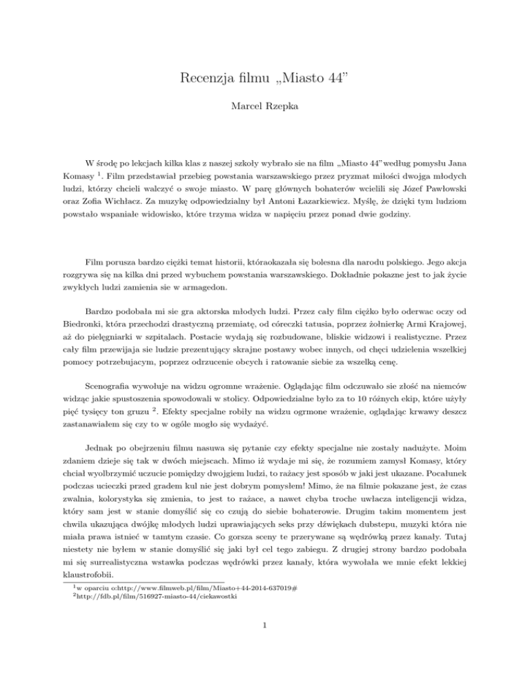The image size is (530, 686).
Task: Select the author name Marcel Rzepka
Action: pyautogui.click(x=265, y=107)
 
